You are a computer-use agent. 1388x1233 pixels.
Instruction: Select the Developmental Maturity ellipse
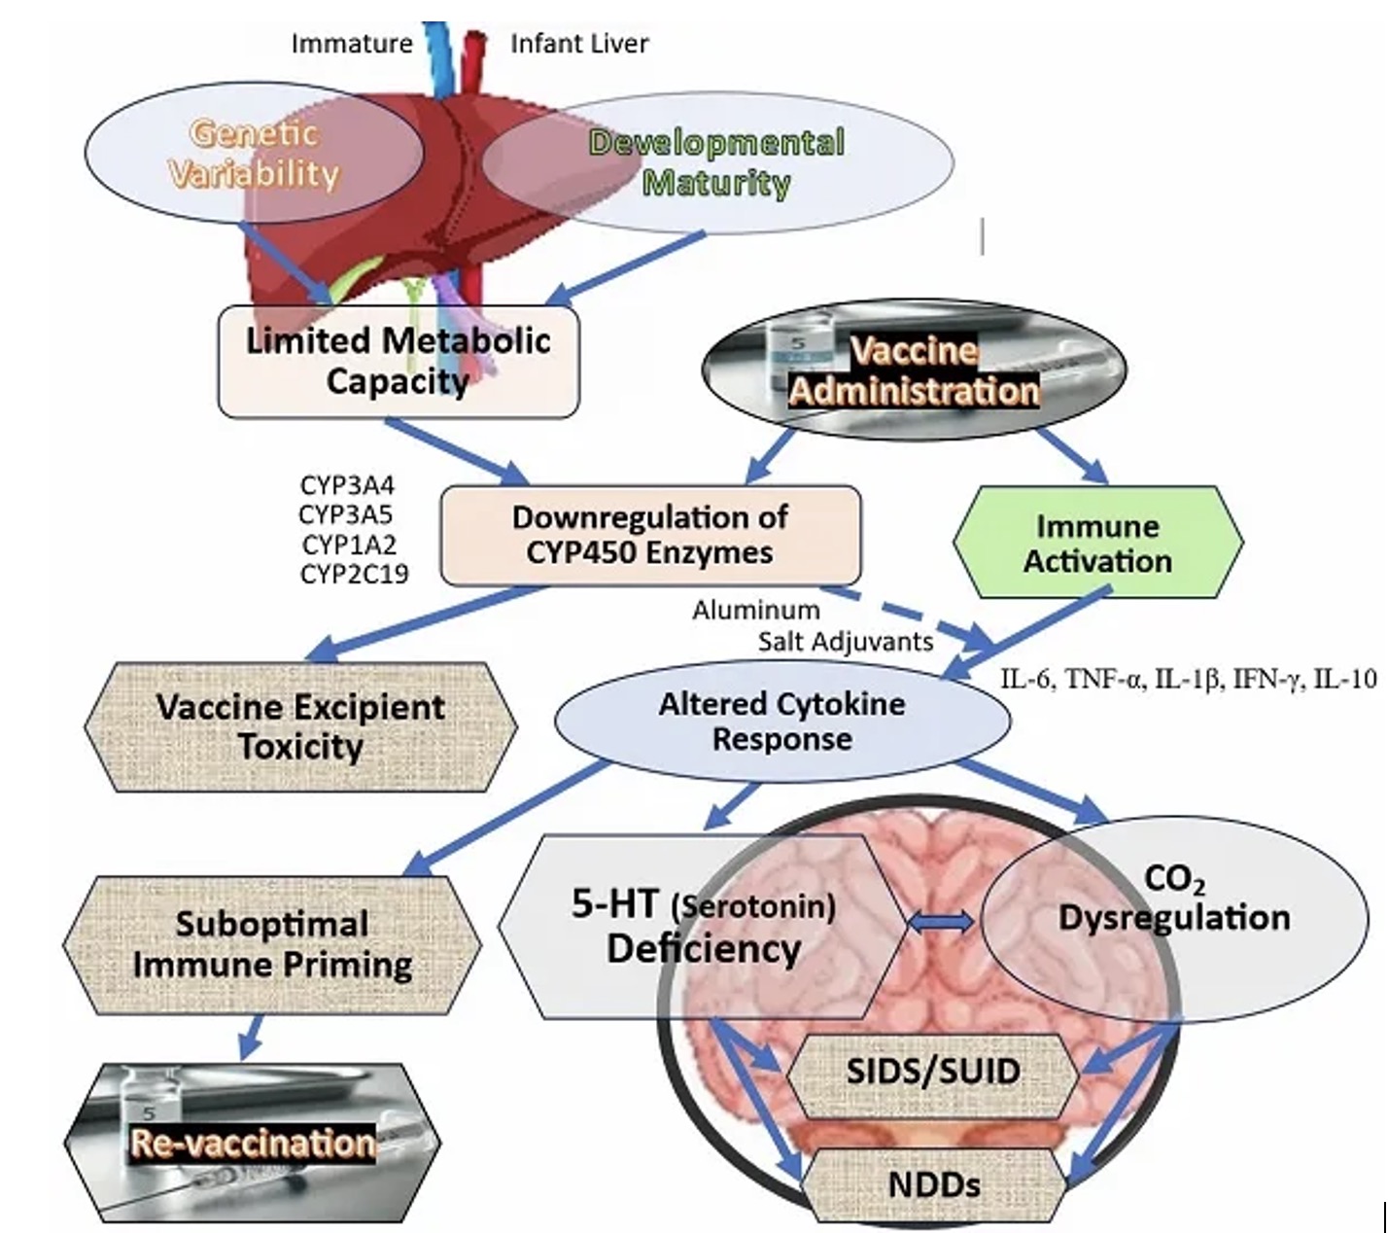[x=717, y=162]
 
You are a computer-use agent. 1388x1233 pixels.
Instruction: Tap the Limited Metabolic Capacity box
[x=399, y=361]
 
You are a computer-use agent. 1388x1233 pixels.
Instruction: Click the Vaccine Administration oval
[x=914, y=370]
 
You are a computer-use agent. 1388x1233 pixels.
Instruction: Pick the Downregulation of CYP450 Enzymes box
[x=650, y=535]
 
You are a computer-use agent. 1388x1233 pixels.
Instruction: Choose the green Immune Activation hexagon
[x=1098, y=543]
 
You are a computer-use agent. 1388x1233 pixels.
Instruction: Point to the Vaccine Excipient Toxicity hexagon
[x=301, y=726]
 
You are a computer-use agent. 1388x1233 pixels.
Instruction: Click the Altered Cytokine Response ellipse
[x=781, y=721]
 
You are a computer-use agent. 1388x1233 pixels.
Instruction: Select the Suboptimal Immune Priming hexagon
[x=272, y=944]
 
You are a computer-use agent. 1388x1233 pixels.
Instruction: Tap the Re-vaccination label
[x=253, y=1144]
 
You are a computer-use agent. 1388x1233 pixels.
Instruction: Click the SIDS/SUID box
[x=933, y=1072]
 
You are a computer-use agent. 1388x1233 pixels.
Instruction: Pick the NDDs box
[x=934, y=1184]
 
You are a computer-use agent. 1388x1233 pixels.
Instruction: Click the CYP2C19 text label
[x=355, y=575]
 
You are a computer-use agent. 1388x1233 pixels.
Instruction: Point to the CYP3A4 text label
[x=347, y=484]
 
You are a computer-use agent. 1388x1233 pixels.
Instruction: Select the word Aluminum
[x=755, y=611]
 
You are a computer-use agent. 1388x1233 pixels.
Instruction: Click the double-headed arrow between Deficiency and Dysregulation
[x=942, y=922]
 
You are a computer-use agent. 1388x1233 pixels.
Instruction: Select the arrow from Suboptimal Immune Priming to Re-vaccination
[x=251, y=1037]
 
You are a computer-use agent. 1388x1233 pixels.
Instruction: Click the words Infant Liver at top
[x=579, y=44]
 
